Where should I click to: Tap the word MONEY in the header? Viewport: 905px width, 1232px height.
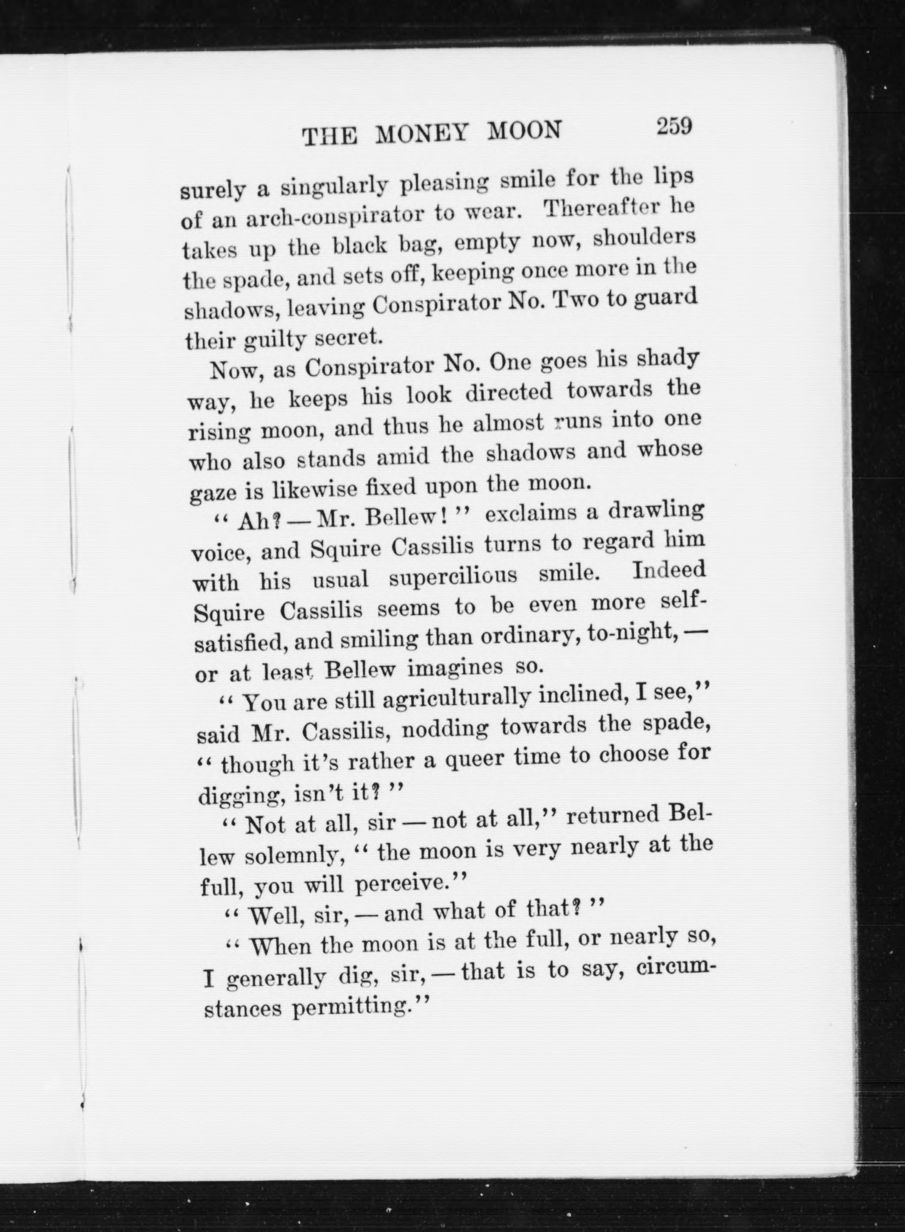tap(422, 134)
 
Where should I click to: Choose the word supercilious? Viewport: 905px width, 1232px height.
tap(453, 577)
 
